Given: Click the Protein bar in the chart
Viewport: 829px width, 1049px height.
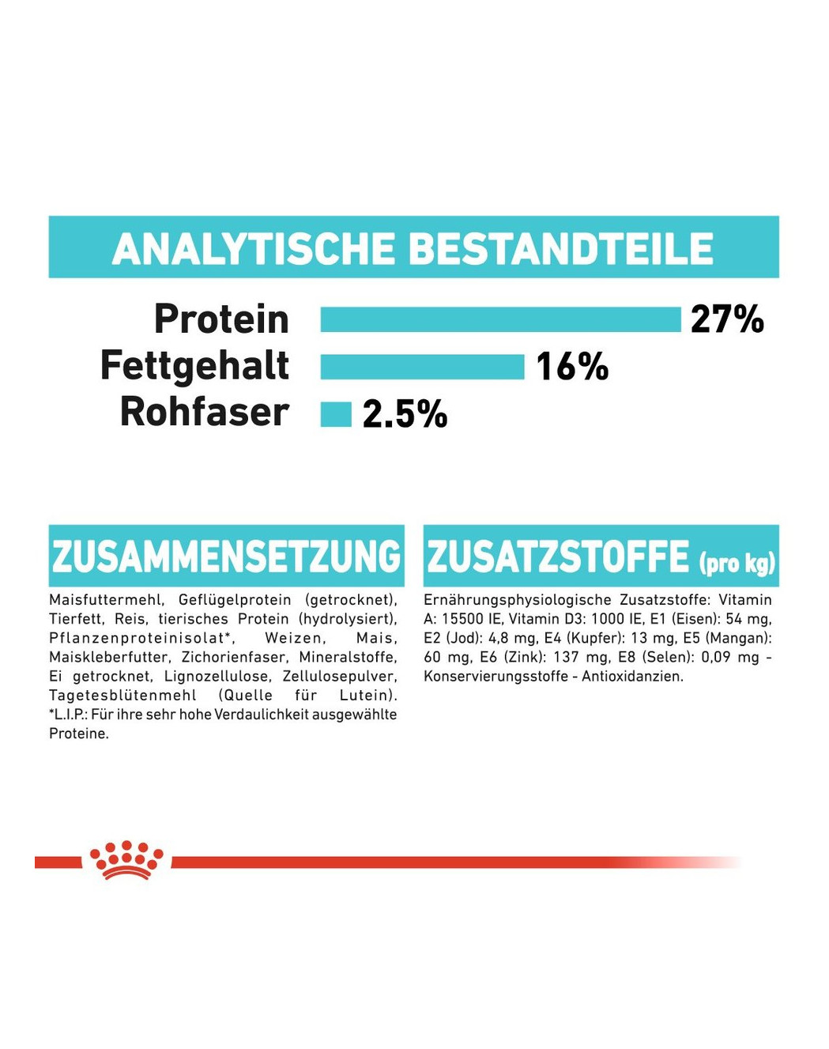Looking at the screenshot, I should tap(500, 319).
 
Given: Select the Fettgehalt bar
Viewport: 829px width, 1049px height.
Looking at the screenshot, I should tap(422, 367).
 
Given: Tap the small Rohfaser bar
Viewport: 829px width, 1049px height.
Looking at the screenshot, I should tap(336, 414).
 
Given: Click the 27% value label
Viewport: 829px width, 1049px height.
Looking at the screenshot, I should tap(727, 319).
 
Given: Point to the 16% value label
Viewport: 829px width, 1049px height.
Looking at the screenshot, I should tap(572, 367).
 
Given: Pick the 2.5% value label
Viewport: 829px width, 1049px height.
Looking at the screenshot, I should tap(405, 414).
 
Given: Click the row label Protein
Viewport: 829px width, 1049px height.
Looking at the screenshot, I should tap(221, 319).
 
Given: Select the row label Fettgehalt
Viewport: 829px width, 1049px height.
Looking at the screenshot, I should tap(194, 365).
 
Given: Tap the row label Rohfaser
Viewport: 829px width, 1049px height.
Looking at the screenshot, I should tap(204, 412).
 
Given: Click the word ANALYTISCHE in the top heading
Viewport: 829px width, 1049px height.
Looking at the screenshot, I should tap(254, 249).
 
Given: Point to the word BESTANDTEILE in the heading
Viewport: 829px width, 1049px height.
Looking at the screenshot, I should tap(560, 249).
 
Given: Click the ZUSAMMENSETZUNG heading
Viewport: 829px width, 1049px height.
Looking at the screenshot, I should tap(226, 556).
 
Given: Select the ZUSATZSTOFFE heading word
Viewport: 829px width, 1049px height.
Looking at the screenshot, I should tap(558, 556).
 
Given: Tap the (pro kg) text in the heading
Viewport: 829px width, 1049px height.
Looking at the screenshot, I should tap(737, 562).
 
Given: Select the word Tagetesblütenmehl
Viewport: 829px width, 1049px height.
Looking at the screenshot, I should tap(122, 695).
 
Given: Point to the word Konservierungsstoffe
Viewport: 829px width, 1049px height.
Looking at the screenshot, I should tap(496, 676).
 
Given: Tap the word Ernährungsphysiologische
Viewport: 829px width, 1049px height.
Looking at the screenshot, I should tap(517, 600).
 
